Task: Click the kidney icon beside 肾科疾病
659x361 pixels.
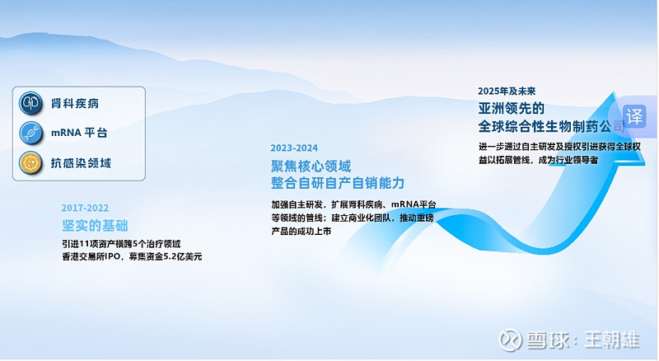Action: (x=30, y=103)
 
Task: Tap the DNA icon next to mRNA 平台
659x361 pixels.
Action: (x=30, y=133)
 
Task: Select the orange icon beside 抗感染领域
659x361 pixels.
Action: (x=30, y=163)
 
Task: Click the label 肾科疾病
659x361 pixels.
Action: (x=75, y=104)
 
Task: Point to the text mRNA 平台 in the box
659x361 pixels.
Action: (x=79, y=133)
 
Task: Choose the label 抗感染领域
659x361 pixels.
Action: (x=81, y=163)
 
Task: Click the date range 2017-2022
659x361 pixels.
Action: (x=85, y=208)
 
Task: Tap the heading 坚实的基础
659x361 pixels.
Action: (x=95, y=226)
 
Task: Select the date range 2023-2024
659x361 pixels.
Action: (x=294, y=148)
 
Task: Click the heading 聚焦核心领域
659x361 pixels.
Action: (x=311, y=166)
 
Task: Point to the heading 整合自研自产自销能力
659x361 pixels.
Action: (x=338, y=183)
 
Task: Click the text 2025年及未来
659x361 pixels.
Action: (x=507, y=91)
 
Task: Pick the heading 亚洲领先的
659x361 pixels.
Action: (x=512, y=109)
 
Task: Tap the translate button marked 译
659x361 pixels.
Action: (x=634, y=116)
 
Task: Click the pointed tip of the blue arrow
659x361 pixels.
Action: (x=614, y=92)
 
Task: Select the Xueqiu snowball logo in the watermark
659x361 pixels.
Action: (x=510, y=340)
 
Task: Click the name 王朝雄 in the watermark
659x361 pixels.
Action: (x=612, y=340)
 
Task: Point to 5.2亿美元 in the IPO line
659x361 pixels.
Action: (x=183, y=256)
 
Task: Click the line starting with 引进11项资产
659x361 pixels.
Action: (x=121, y=244)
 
